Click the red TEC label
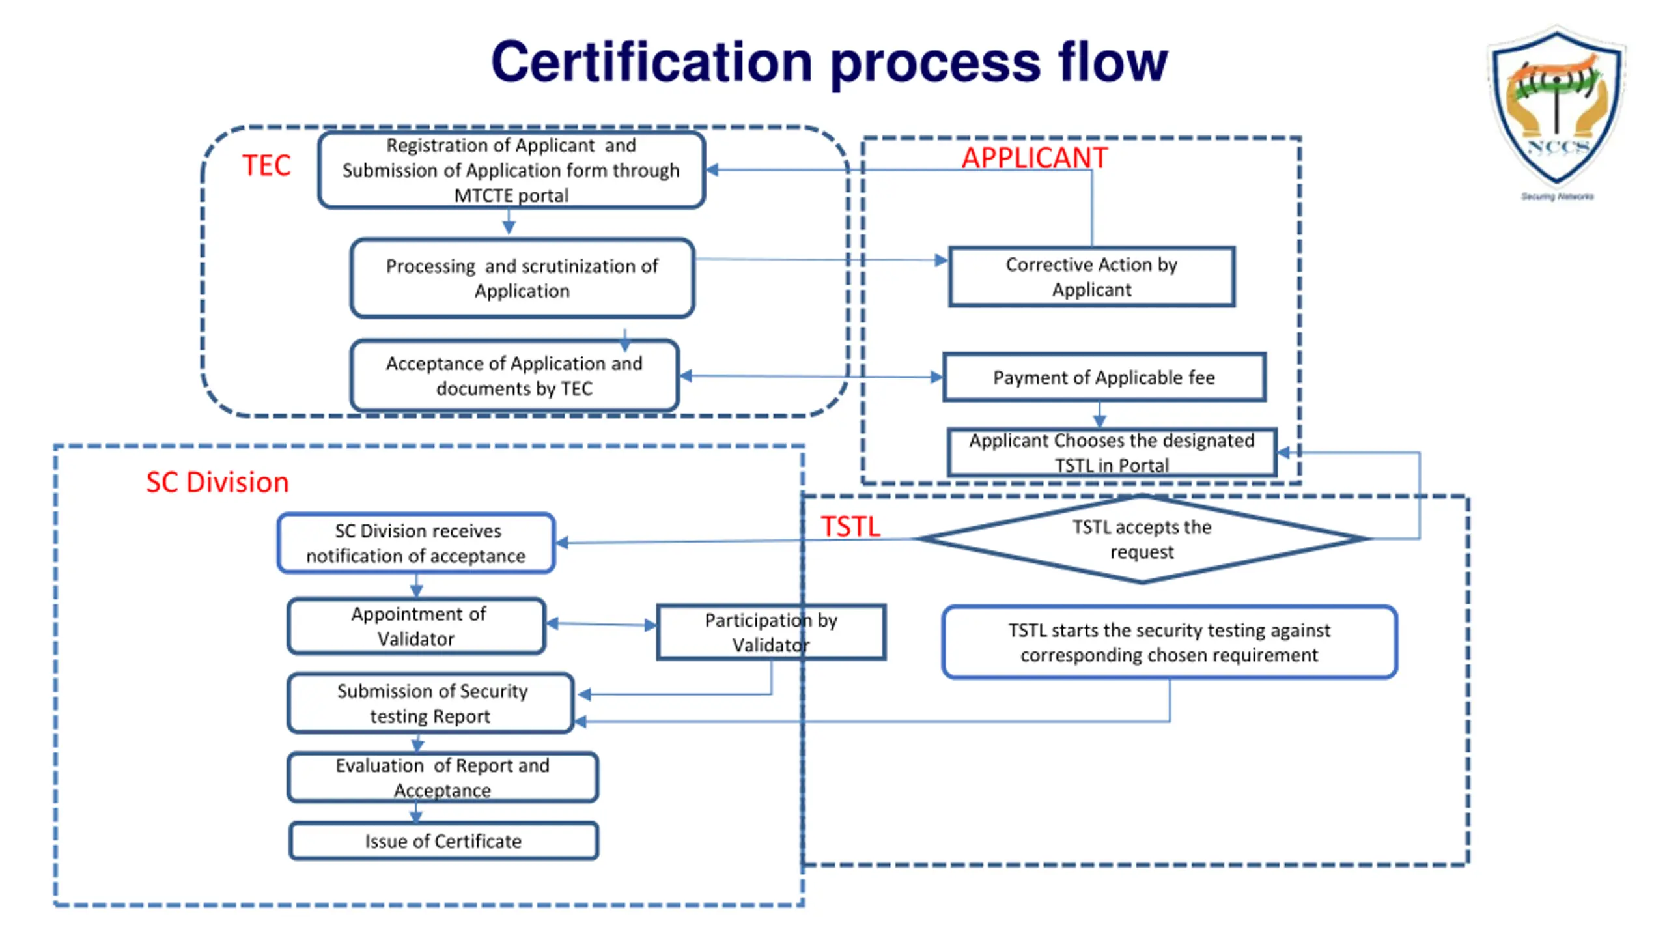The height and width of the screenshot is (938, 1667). coord(266,165)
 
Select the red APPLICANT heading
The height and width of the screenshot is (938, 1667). coord(1034,158)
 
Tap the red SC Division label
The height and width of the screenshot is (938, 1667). coord(217,482)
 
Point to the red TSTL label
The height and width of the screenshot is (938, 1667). coord(850,526)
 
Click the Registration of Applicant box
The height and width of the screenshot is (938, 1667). coord(511,170)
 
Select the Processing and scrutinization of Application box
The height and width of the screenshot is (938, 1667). coord(522,278)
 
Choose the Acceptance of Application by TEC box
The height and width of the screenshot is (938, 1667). coord(514,376)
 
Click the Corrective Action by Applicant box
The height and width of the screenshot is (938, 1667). coord(1091,277)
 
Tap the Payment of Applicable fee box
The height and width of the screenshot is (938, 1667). coord(1104,377)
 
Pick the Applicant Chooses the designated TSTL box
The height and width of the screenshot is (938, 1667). coord(1112,452)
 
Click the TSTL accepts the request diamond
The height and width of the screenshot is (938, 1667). coord(1142,539)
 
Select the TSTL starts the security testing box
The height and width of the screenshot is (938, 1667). coord(1169,642)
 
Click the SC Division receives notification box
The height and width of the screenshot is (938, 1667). coord(416,543)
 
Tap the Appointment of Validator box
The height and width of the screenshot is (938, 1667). coord(417,626)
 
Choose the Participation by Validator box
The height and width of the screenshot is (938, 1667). coord(771,632)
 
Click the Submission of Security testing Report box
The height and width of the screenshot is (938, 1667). coord(430,703)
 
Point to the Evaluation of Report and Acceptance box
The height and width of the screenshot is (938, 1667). coord(443,777)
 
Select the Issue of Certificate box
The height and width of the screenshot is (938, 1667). coord(443,841)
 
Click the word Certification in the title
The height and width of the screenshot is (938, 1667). coord(652,62)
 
